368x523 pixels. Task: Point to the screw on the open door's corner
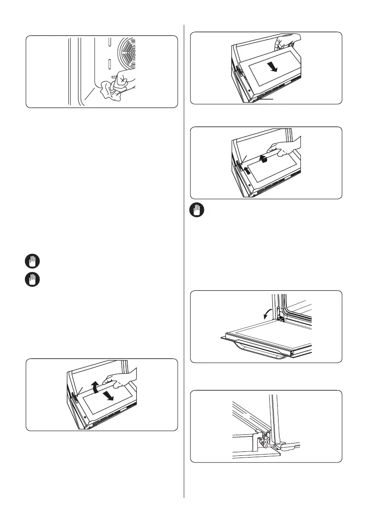[291, 353]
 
